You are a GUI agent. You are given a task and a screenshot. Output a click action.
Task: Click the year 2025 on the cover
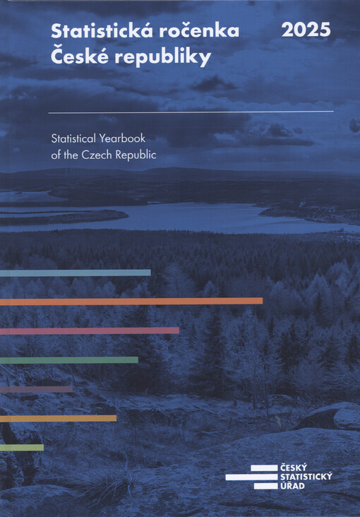tap(306, 30)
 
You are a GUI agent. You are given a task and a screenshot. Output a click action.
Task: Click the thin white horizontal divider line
tap(191, 112)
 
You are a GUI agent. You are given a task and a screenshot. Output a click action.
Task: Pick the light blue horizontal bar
tap(75, 273)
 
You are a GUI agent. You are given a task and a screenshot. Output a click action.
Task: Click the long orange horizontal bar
tap(131, 301)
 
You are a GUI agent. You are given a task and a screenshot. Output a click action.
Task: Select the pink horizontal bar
tap(89, 330)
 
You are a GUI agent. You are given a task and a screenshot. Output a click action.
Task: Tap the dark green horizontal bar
tap(68, 359)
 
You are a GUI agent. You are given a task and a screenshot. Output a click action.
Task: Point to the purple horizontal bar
tap(36, 388)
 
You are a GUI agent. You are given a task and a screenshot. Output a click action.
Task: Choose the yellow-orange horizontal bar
tap(58, 418)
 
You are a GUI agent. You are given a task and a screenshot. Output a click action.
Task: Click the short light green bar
tap(21, 447)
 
